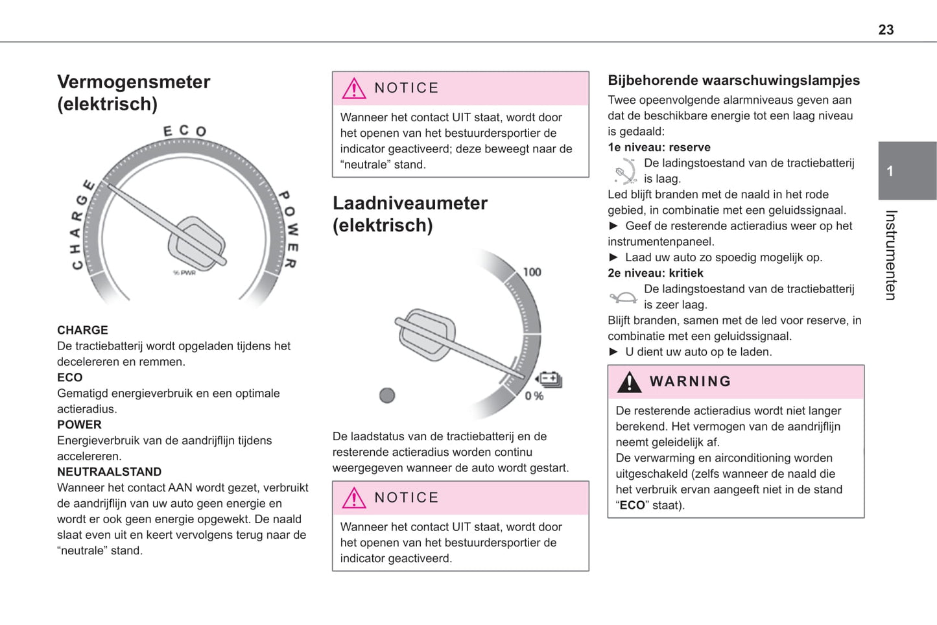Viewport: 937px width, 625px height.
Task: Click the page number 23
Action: [x=886, y=30]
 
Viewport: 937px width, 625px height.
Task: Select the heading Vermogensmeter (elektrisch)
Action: [x=134, y=93]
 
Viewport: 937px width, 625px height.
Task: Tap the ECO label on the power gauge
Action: [x=185, y=131]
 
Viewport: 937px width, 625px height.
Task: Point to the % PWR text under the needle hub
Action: [x=184, y=273]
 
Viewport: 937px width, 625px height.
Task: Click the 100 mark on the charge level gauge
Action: [x=532, y=272]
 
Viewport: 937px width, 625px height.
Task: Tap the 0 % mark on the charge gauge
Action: [x=534, y=395]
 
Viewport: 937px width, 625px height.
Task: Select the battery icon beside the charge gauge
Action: [x=549, y=379]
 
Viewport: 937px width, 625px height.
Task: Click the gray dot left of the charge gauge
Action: [x=387, y=395]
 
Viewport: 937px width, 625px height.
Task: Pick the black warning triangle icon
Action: [x=629, y=382]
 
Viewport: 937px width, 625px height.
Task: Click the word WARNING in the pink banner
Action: [x=690, y=381]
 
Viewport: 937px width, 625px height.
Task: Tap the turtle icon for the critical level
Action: [x=624, y=298]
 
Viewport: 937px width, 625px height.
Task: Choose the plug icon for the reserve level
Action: [x=624, y=172]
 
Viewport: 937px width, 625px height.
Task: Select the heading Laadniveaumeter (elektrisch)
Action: [x=410, y=214]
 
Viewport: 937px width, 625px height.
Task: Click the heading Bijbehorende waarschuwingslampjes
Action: [x=733, y=80]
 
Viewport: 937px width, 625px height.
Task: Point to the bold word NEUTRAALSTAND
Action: [x=109, y=472]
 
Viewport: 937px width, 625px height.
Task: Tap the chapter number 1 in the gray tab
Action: [x=890, y=171]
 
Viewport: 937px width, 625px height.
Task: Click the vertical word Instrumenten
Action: [x=891, y=255]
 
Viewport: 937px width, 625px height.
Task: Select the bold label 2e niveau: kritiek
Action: [x=655, y=273]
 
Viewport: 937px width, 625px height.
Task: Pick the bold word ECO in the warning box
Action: [x=632, y=505]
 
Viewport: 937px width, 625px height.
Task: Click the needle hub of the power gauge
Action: [x=196, y=244]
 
